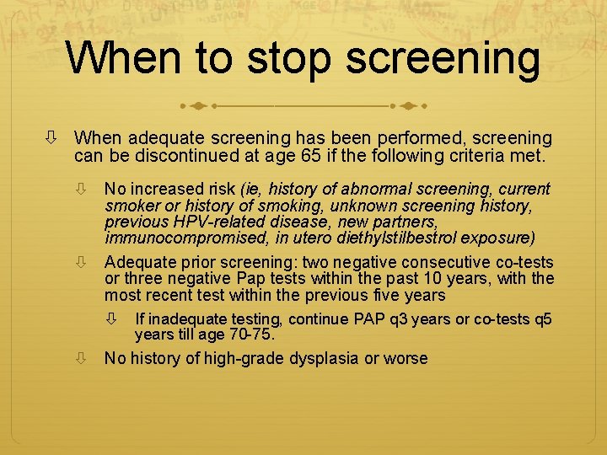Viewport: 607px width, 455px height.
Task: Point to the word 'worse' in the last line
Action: pyautogui.click(x=406, y=358)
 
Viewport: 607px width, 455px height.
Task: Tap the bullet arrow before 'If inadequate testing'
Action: pyautogui.click(x=112, y=319)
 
